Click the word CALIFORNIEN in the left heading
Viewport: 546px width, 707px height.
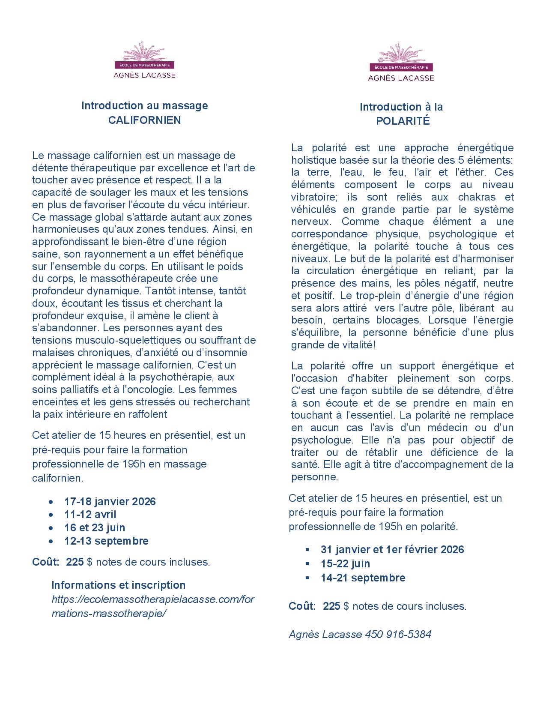145,120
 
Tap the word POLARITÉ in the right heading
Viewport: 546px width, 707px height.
403,121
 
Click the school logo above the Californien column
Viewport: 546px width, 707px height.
144,60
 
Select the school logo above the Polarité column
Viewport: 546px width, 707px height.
401,62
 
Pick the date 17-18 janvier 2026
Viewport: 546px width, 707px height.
110,501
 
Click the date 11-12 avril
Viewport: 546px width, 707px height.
90,514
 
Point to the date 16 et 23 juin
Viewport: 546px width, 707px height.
95,527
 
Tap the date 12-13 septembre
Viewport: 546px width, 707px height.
106,541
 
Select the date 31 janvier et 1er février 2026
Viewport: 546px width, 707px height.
392,549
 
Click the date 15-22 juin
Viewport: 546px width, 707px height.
345,563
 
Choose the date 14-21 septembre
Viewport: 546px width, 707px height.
363,578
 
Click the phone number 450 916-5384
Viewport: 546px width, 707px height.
398,634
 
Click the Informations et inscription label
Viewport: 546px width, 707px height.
119,585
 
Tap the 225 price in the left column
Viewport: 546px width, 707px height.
75,562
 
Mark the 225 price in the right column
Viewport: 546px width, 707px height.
331,606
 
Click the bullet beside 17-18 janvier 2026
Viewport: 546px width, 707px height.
51,502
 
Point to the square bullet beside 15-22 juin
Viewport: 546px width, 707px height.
307,563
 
